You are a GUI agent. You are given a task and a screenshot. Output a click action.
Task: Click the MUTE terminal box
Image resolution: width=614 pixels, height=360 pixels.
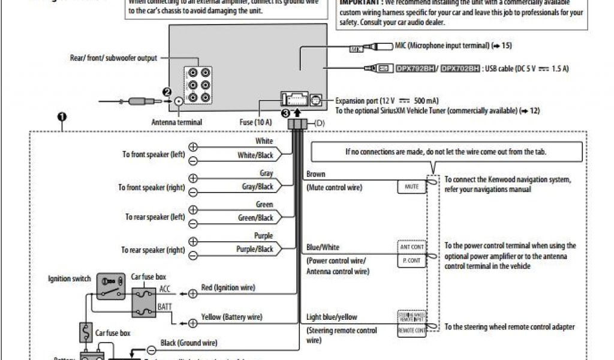point(411,187)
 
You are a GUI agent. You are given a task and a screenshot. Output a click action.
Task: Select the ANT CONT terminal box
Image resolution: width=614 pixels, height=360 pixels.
point(411,247)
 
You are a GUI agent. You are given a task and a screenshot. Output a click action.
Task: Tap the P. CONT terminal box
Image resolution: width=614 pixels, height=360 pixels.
point(411,261)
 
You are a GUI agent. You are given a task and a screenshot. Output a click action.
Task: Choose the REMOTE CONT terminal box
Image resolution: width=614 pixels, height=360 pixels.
point(411,331)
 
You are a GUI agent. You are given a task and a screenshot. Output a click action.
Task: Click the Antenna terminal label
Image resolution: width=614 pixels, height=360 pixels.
point(177,122)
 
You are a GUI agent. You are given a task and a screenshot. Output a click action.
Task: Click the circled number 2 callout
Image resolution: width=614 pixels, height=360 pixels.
point(167,92)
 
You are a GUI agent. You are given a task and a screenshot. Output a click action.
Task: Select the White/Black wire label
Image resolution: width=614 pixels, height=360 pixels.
point(255,155)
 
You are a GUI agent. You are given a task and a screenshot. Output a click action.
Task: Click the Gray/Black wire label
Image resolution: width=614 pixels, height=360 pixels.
point(257,187)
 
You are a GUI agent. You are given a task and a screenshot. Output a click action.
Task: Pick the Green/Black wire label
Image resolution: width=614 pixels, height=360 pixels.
point(255,218)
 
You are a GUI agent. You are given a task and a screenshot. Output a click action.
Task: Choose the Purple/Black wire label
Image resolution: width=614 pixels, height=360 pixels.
point(255,249)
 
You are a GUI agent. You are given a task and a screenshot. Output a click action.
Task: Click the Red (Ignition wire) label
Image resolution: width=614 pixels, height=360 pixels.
point(228,288)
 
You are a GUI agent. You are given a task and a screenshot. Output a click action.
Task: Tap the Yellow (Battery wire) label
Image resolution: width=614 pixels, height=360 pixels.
point(231,317)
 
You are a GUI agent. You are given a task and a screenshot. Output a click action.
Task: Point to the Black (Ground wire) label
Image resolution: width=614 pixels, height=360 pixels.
point(188,343)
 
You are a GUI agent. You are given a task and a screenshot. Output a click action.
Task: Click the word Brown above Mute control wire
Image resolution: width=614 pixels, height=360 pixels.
point(316,175)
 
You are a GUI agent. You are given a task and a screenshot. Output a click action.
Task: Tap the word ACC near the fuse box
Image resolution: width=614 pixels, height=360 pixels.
point(165,289)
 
